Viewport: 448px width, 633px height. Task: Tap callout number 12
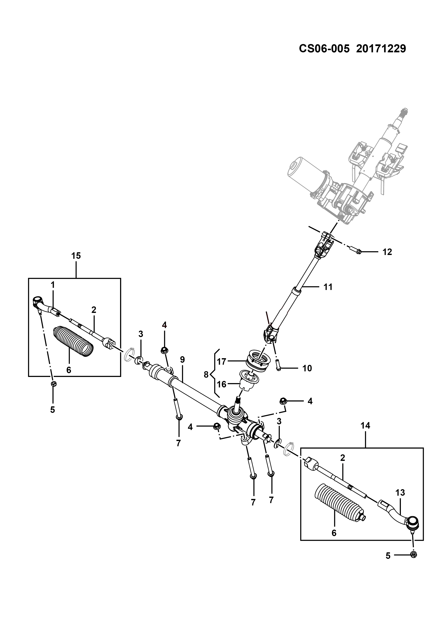coord(387,252)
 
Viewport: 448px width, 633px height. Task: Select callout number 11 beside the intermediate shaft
coord(328,287)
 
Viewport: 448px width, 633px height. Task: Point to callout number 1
coord(52,285)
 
